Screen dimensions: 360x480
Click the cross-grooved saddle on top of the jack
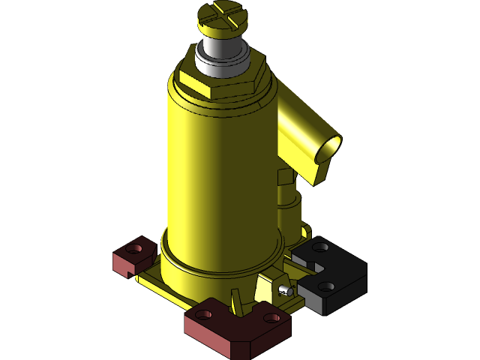pyautogui.click(x=221, y=16)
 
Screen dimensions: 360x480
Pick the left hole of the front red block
pyautogui.click(x=202, y=314)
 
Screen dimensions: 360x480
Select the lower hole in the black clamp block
pyautogui.click(x=325, y=286)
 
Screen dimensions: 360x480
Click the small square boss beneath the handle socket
pyautogui.click(x=284, y=178)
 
